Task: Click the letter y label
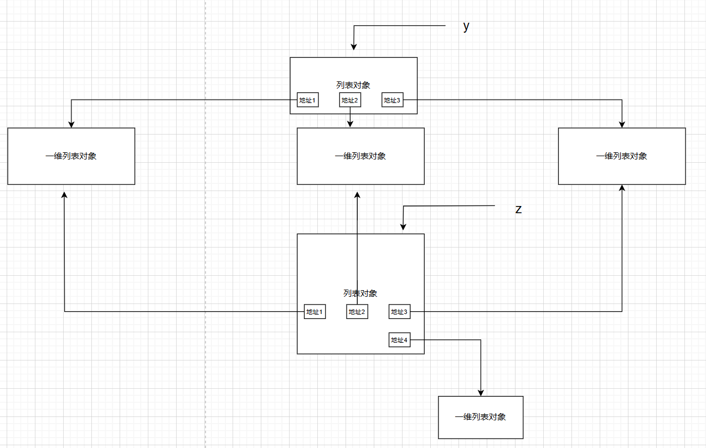(x=466, y=27)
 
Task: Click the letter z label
(x=518, y=209)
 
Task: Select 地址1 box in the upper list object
(x=307, y=100)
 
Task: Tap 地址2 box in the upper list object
(x=349, y=100)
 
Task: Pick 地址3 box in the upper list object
(x=392, y=100)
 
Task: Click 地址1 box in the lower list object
(x=315, y=312)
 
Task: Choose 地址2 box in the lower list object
(x=357, y=312)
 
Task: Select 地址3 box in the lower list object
(x=399, y=312)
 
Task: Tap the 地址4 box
(x=399, y=340)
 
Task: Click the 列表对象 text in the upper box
(x=353, y=85)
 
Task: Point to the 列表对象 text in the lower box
(x=360, y=293)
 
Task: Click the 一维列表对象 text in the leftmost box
(x=71, y=156)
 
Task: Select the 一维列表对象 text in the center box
(x=360, y=156)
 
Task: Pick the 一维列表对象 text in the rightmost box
(x=622, y=156)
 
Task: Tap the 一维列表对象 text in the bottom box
(x=480, y=417)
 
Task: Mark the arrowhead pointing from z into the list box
(x=404, y=226)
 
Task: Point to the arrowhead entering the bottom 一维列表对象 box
(x=480, y=393)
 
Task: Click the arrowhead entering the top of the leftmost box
(x=71, y=124)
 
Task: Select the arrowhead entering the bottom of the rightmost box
(x=622, y=188)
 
